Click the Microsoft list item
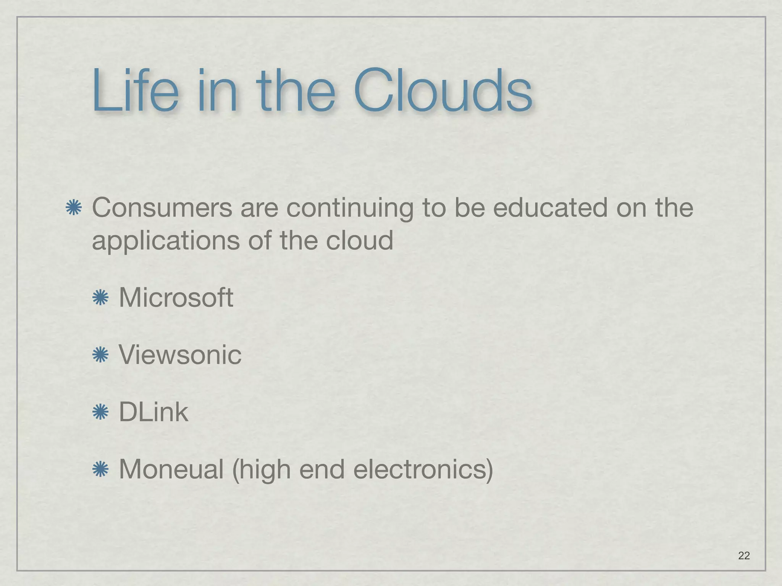click(176, 297)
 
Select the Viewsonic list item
click(180, 354)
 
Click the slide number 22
click(744, 555)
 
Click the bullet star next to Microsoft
click(100, 298)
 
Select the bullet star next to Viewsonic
click(100, 355)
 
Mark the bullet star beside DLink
click(100, 412)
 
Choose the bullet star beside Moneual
click(100, 470)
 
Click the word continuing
click(350, 209)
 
